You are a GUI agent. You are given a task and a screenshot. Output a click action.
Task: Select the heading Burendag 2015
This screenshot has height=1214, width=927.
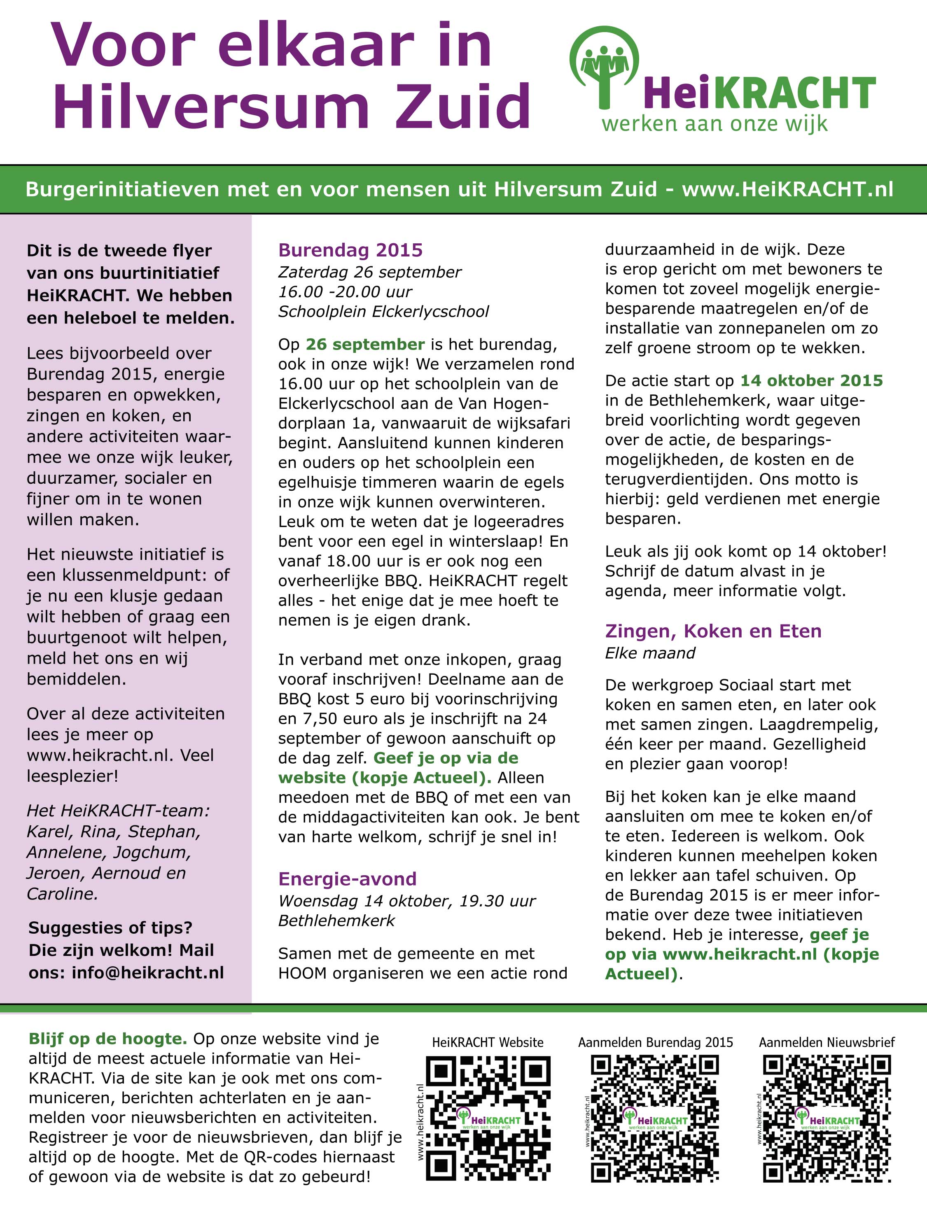[350, 250]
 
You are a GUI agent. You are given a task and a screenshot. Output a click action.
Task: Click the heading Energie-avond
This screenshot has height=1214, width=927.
[347, 878]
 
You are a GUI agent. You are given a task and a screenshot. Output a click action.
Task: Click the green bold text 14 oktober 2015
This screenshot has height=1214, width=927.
[811, 380]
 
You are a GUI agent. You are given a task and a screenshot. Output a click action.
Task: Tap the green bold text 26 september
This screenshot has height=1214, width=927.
[365, 344]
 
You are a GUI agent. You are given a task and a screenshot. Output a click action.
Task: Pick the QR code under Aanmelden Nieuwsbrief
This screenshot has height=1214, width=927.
[827, 1118]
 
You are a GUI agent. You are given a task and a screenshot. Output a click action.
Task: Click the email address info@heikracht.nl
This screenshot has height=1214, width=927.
[148, 972]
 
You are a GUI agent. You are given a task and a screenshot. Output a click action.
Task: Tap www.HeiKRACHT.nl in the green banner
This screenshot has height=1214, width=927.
[787, 189]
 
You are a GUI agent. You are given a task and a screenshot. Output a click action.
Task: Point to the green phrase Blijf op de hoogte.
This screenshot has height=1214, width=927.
[107, 1039]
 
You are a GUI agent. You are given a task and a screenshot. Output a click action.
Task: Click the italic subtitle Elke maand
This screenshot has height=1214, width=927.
[650, 653]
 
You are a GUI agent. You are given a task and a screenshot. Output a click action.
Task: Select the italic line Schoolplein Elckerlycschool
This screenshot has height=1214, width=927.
[383, 312]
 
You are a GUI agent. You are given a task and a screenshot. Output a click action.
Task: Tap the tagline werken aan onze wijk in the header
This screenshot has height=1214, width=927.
[715, 123]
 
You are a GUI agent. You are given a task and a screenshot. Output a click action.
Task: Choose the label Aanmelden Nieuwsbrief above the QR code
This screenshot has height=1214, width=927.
[827, 1042]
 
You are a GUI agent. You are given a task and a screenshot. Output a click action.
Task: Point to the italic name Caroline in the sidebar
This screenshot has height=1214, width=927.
[62, 894]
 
